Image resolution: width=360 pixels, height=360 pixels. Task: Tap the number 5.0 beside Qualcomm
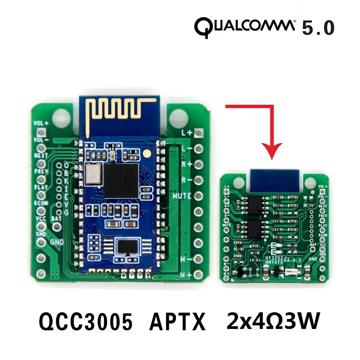(x=318, y=28)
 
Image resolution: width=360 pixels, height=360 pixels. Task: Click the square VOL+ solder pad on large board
(x=42, y=132)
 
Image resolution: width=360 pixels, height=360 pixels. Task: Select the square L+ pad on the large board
(x=200, y=132)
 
